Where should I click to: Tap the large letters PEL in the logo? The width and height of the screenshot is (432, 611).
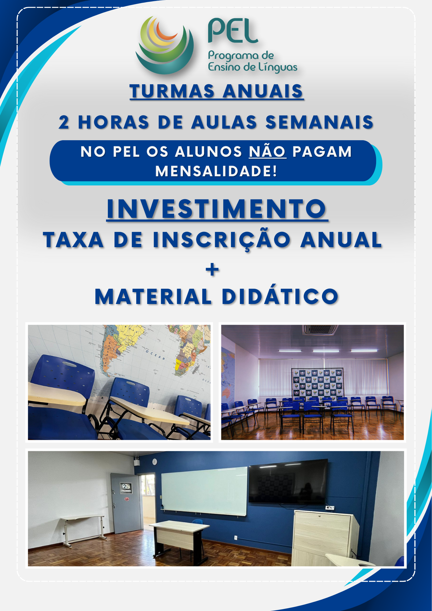click(x=233, y=31)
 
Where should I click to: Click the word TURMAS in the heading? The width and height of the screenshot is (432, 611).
click(x=172, y=91)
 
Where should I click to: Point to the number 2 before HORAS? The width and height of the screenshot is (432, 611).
click(x=64, y=122)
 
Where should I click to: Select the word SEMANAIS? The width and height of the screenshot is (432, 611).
click(x=320, y=122)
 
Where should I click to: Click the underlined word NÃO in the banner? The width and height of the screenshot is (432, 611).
click(x=267, y=151)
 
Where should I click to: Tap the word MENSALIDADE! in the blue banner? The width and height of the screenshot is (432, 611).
click(x=216, y=171)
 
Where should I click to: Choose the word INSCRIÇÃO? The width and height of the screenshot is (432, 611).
click(x=221, y=240)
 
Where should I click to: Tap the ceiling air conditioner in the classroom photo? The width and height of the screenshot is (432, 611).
click(x=320, y=330)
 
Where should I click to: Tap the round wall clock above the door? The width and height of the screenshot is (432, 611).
click(x=155, y=462)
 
